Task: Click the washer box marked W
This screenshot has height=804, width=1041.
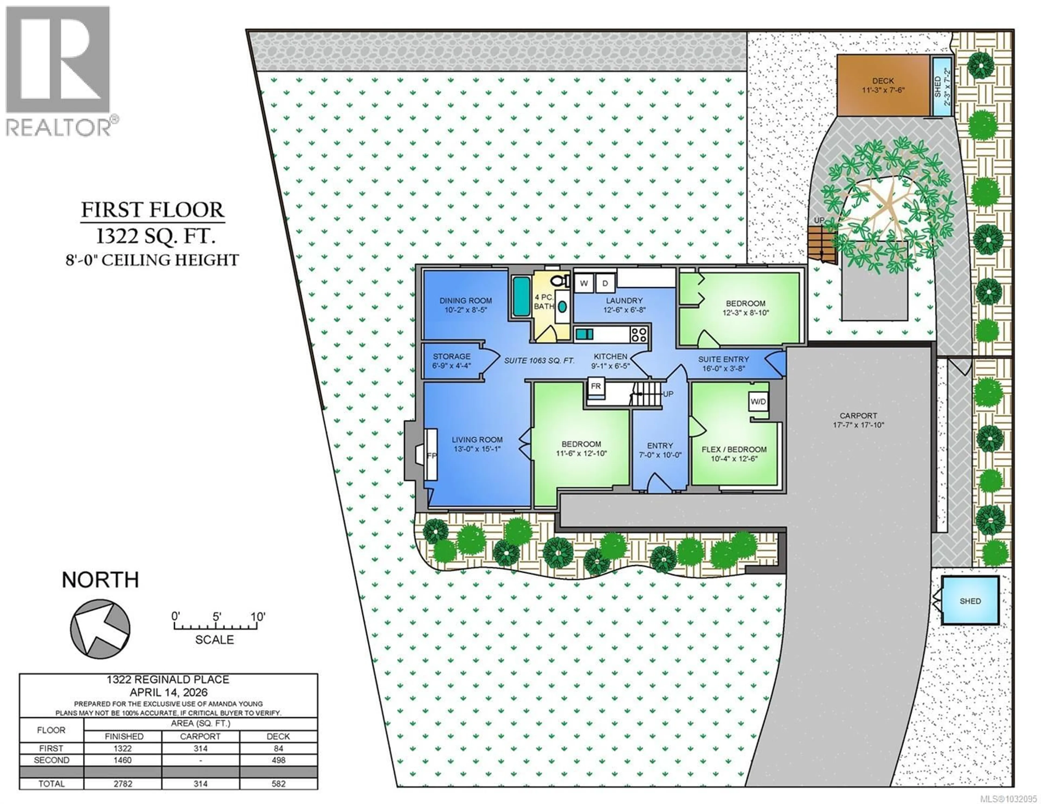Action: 583,283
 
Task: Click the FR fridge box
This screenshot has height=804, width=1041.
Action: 596,386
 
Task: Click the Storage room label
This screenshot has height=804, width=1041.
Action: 451,361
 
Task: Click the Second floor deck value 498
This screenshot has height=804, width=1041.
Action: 278,760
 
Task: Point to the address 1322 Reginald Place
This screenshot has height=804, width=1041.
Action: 168,680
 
